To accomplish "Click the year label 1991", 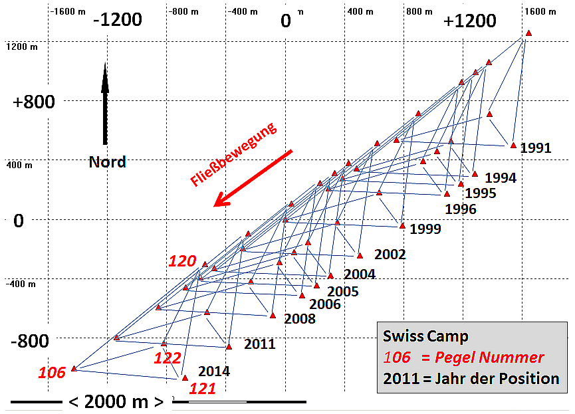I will (536, 148).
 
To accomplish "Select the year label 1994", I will (501, 178).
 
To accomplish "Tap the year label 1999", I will (425, 229).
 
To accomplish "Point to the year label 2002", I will (390, 255).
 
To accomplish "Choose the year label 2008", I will (300, 318).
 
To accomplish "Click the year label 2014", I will (214, 371).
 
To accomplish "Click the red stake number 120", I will (182, 261).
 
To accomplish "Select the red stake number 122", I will (168, 358).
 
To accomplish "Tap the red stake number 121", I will (203, 389).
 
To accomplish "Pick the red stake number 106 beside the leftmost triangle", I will (52, 373).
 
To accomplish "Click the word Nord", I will (107, 162).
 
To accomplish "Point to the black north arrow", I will (104, 103).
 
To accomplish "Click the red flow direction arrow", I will (253, 178).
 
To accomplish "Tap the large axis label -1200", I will (118, 20).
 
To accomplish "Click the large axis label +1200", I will (470, 21).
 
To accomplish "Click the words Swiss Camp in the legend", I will (425, 336).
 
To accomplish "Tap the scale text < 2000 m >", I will (116, 402).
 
